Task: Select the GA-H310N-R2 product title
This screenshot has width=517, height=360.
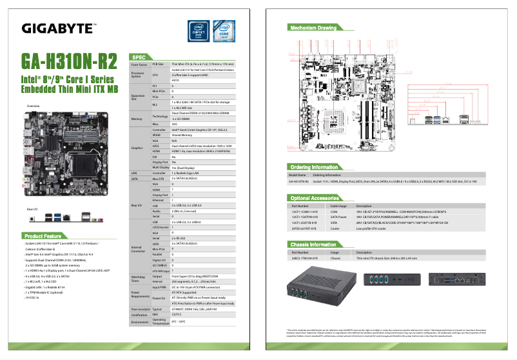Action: [x=69, y=61]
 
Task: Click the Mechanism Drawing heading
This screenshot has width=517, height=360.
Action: [x=313, y=28]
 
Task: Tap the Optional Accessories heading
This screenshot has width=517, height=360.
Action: [x=315, y=198]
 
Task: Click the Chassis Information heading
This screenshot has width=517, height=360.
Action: [x=313, y=244]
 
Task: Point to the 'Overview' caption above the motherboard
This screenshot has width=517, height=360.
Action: [x=33, y=105]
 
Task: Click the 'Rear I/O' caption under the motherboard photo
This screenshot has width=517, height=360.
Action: [x=32, y=210]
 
